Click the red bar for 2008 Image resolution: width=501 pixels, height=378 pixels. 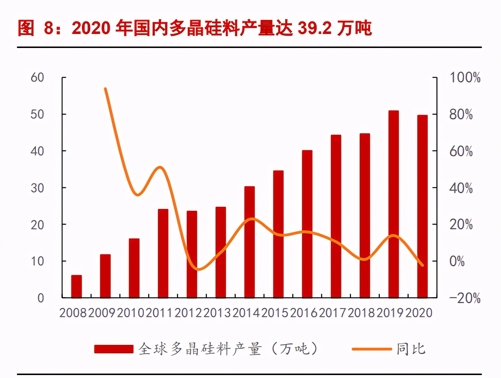pos(76,286)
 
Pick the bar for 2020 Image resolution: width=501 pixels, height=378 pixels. pos(422,206)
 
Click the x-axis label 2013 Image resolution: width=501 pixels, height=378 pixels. pos(217,313)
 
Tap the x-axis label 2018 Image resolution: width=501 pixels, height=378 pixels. pos(361,313)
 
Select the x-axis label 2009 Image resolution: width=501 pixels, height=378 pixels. pos(102,313)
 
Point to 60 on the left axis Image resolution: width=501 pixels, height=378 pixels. pos(37,78)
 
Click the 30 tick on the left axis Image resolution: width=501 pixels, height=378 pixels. pos(37,188)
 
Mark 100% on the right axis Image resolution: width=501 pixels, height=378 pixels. pos(465,78)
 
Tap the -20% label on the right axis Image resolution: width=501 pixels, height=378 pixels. pos(465,298)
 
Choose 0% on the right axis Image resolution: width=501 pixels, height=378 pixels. pos(457,261)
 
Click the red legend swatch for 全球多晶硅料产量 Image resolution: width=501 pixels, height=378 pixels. pos(113,349)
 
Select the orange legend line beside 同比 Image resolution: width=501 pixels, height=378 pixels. pos(371,349)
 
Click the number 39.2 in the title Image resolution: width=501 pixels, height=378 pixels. pos(314,28)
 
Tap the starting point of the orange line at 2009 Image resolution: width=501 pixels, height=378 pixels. pos(105,89)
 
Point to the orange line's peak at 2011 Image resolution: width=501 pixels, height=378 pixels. pos(160,167)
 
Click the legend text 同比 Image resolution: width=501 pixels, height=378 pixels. pos(411,349)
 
